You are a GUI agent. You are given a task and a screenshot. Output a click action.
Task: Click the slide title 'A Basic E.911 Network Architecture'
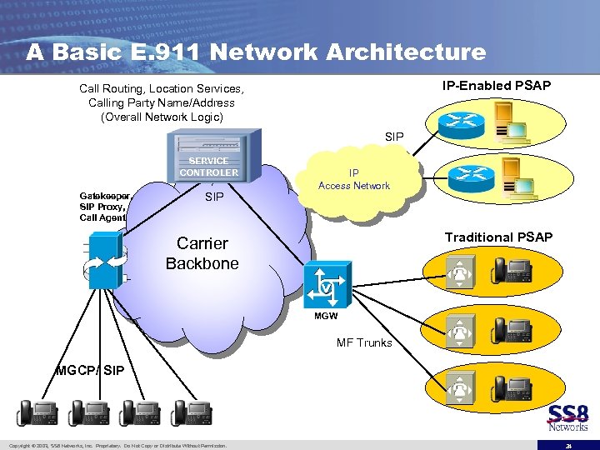point(256,52)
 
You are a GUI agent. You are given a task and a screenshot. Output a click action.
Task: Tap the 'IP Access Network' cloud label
point(353,180)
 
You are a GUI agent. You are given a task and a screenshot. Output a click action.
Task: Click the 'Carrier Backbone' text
point(202,253)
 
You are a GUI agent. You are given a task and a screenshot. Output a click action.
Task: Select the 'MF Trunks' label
point(364,342)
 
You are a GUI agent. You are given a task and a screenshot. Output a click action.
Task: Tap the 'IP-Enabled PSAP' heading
point(496,86)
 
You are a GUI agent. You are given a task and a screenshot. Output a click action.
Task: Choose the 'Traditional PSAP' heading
point(498,237)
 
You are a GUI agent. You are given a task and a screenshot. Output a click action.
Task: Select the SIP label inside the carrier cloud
point(214,197)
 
